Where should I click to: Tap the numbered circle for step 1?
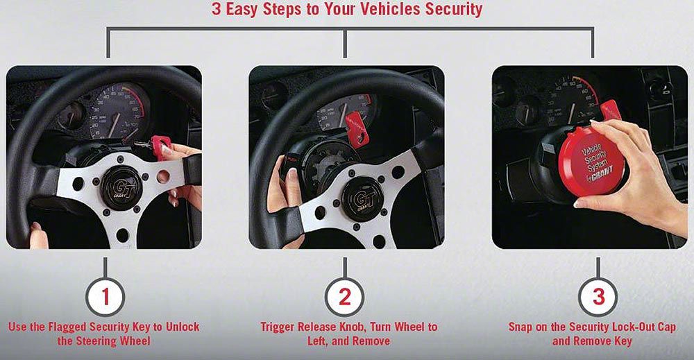pyautogui.click(x=105, y=296)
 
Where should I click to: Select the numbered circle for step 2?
pyautogui.click(x=345, y=296)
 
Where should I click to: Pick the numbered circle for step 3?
pyautogui.click(x=598, y=296)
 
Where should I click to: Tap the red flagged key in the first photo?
pyautogui.click(x=162, y=146)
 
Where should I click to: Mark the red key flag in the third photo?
pyautogui.click(x=611, y=110)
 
